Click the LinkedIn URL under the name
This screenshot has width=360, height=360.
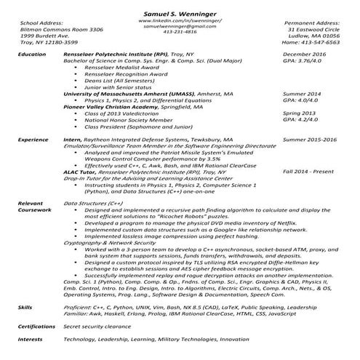click(180, 20)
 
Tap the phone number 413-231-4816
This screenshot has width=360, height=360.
click(180, 32)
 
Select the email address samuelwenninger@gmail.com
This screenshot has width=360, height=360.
click(180, 26)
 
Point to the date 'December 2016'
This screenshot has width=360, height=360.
click(305, 55)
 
